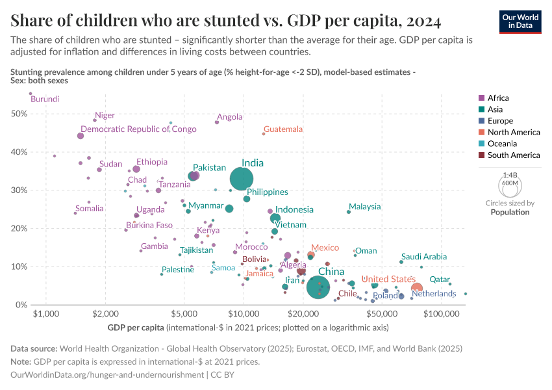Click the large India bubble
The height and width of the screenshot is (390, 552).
click(x=242, y=178)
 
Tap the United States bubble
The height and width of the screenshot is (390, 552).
click(x=417, y=288)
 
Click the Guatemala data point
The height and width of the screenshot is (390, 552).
click(x=264, y=134)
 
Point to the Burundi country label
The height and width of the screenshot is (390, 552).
click(x=45, y=99)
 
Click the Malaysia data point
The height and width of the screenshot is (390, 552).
click(x=349, y=211)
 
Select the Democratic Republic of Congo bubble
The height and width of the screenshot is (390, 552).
click(x=81, y=136)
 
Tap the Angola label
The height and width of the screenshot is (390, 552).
click(x=230, y=117)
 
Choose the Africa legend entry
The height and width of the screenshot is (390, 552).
click(x=497, y=98)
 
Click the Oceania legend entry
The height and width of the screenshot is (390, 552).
click(x=501, y=144)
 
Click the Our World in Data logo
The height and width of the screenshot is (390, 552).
click(x=520, y=21)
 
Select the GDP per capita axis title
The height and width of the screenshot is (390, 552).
click(x=136, y=326)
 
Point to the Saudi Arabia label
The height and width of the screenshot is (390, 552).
click(x=424, y=257)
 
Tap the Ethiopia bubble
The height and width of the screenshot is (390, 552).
click(x=136, y=169)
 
